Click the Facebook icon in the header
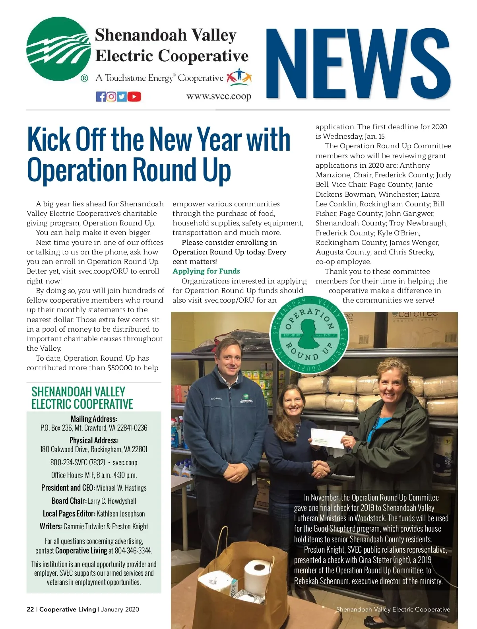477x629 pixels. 101,97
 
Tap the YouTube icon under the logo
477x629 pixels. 134,97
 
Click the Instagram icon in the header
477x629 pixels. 111,97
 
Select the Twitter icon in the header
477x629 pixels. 122,97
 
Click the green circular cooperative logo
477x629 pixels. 59,49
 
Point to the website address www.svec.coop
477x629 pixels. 219,96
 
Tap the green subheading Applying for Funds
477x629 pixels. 206,271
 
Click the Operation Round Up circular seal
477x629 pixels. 309,334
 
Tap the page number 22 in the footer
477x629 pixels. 30,610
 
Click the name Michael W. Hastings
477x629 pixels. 121,488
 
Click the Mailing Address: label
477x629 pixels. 94,419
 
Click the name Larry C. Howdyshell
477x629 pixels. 112,501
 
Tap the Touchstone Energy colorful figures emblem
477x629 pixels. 239,77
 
